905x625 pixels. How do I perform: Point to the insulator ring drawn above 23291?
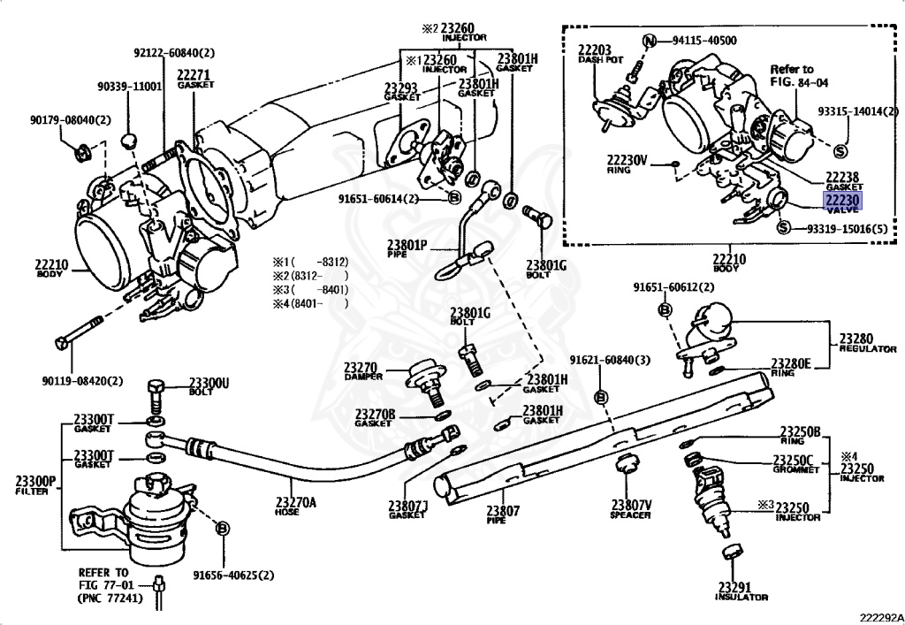click(731, 553)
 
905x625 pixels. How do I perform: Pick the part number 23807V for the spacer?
click(630, 505)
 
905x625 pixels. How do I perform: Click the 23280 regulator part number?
click(856, 338)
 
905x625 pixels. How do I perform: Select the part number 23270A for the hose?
click(296, 505)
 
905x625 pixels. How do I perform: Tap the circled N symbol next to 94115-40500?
click(650, 41)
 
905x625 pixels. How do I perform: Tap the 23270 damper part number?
click(361, 367)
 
